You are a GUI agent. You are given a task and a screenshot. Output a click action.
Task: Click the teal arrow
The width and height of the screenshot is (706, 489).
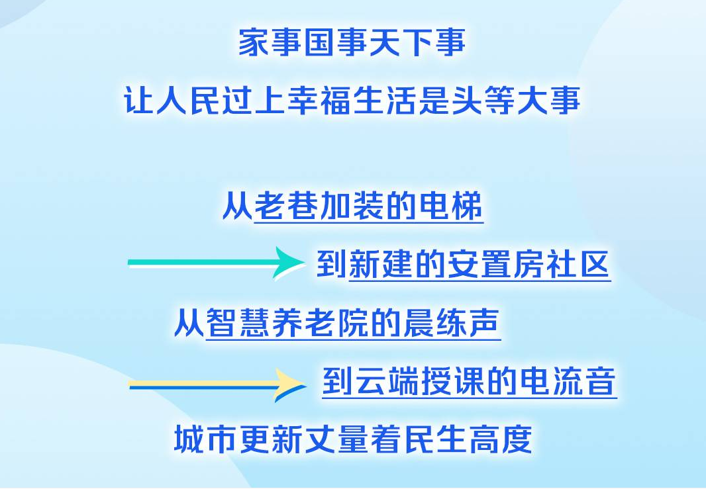pos(216,263)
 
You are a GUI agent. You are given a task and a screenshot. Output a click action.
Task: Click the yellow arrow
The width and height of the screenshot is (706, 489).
pos(217,385)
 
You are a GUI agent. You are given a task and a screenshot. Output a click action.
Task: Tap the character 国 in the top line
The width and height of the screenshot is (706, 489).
pos(320,42)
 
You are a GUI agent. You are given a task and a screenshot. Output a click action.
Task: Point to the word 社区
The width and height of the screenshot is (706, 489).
pos(578,264)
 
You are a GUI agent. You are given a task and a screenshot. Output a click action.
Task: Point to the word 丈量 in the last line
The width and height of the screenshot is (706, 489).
pos(337,439)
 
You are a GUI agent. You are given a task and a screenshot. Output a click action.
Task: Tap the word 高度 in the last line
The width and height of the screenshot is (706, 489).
pos(501,439)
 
